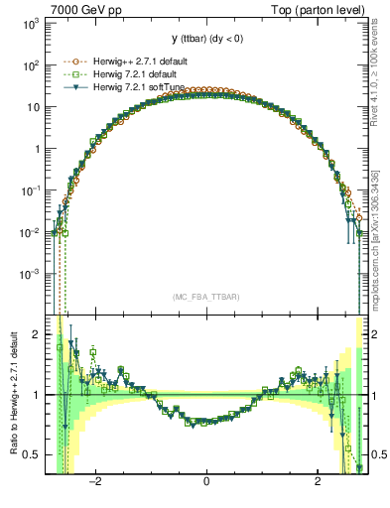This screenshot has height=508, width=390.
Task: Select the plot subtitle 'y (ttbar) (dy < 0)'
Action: (206, 39)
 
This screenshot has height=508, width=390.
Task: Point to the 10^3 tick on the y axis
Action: (33, 24)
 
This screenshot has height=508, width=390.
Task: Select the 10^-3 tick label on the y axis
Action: (31, 274)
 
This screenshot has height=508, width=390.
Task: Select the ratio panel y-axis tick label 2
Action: (37, 334)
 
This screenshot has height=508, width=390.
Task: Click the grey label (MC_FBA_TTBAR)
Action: (206, 297)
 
